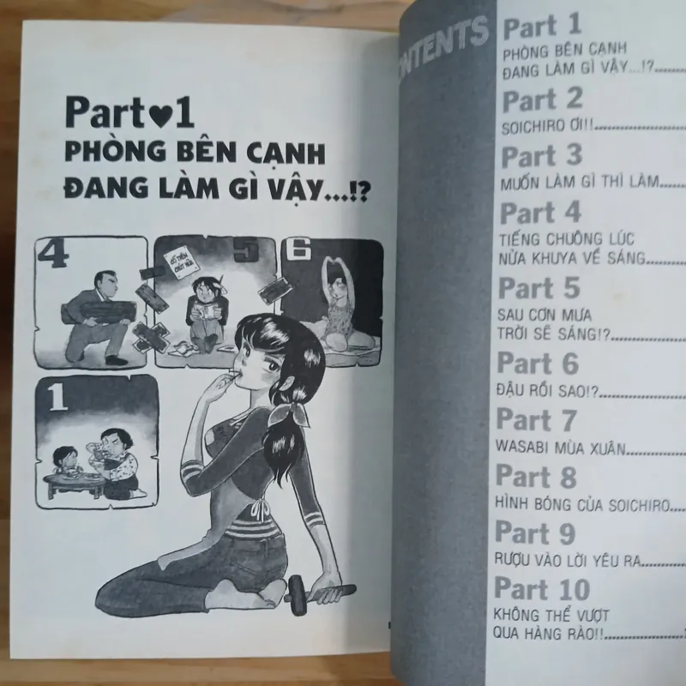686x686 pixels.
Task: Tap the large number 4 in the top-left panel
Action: tap(55, 256)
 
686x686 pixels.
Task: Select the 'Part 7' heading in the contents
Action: tap(538, 421)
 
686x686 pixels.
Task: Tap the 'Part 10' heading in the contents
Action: tap(544, 589)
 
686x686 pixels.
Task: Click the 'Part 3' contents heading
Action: tap(541, 156)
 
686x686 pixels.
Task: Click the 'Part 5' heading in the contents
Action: tap(539, 287)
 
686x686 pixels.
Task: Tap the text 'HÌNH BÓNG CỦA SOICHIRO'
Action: tap(575, 505)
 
